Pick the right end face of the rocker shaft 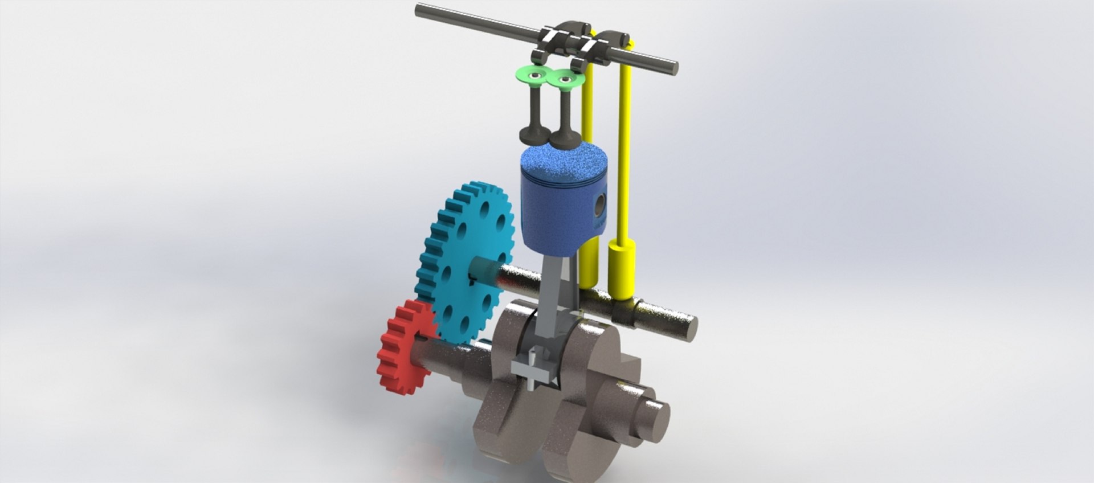[672, 67]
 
